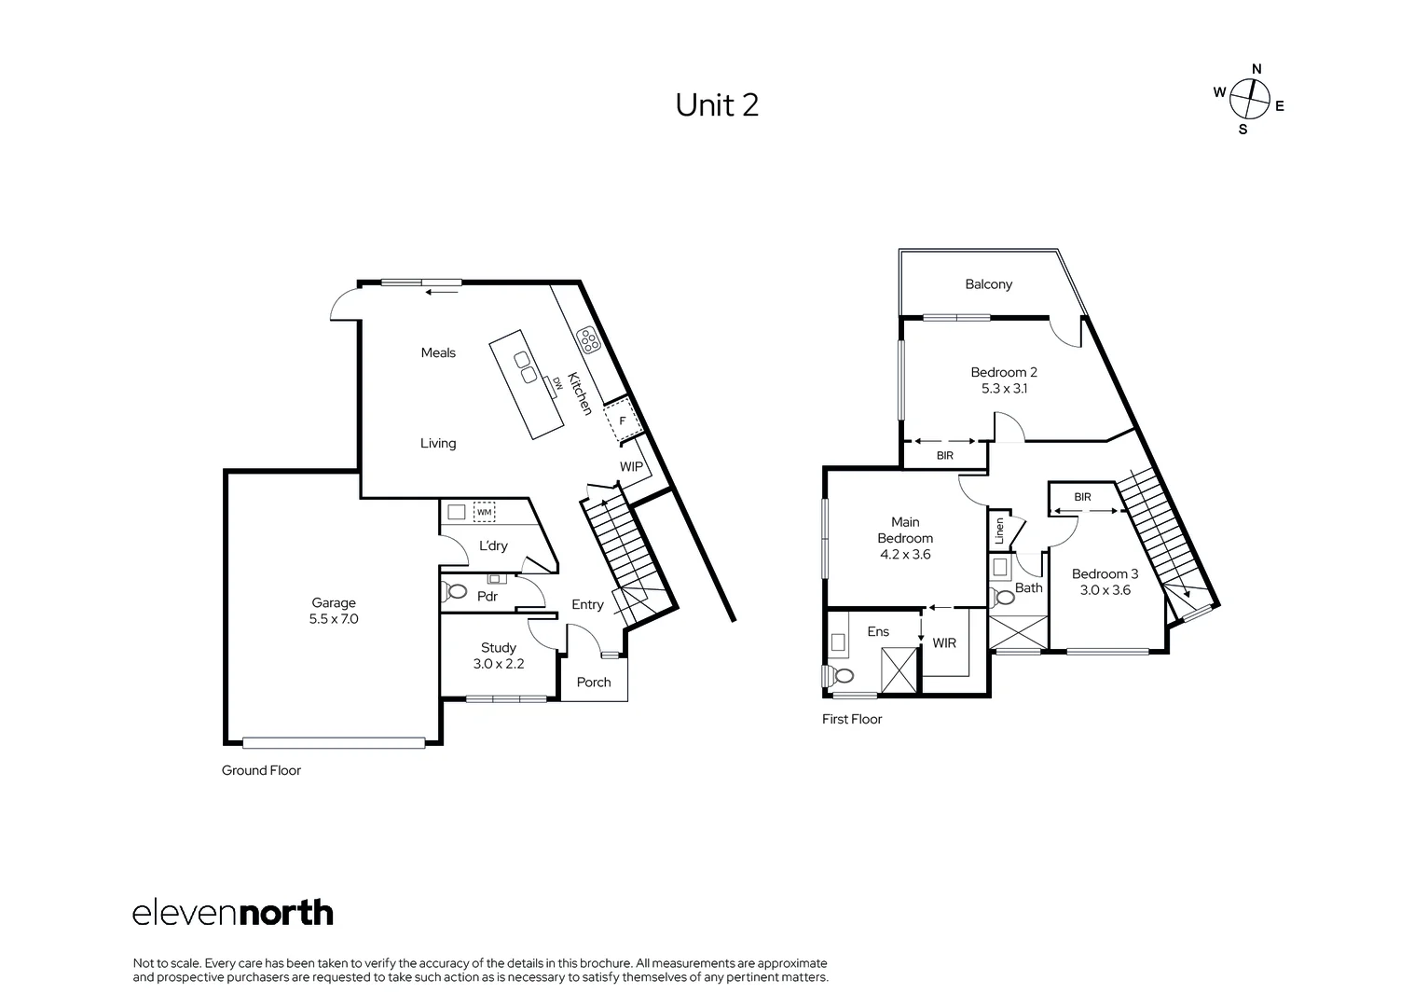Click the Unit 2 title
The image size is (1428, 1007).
pyautogui.click(x=717, y=105)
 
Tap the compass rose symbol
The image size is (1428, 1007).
pyautogui.click(x=1249, y=99)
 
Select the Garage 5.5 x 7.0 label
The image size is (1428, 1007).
pyautogui.click(x=334, y=611)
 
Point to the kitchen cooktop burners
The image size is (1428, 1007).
pyautogui.click(x=588, y=340)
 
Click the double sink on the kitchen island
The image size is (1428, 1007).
pyautogui.click(x=526, y=367)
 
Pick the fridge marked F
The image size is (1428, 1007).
pyautogui.click(x=623, y=421)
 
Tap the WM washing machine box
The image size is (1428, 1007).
pyautogui.click(x=485, y=512)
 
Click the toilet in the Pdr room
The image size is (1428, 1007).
pyautogui.click(x=453, y=591)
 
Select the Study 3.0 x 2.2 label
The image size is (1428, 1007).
pyautogui.click(x=499, y=655)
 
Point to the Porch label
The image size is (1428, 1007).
pyautogui.click(x=594, y=682)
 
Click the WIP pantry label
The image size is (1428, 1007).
pyautogui.click(x=631, y=466)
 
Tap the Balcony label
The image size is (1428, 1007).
pyautogui.click(x=988, y=284)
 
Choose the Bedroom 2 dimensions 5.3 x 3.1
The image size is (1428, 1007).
pyautogui.click(x=1004, y=389)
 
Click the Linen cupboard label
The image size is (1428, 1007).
pyautogui.click(x=999, y=531)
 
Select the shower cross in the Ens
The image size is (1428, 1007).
pyautogui.click(x=899, y=669)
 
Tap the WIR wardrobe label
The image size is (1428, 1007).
pyautogui.click(x=944, y=642)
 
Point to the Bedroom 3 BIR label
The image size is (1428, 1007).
pyautogui.click(x=1082, y=497)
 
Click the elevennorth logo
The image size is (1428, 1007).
pyautogui.click(x=233, y=913)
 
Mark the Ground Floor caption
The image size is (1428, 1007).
pyautogui.click(x=261, y=770)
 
